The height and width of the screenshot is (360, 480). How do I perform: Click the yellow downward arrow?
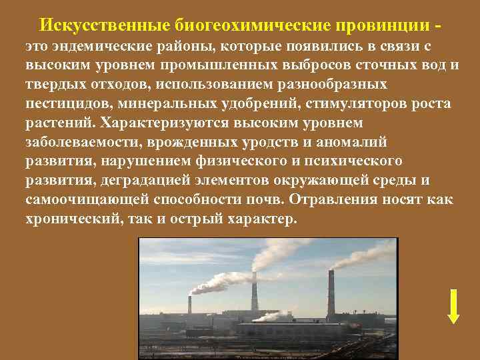click(x=453, y=306)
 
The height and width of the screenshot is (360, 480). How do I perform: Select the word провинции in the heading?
click(x=378, y=25)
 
